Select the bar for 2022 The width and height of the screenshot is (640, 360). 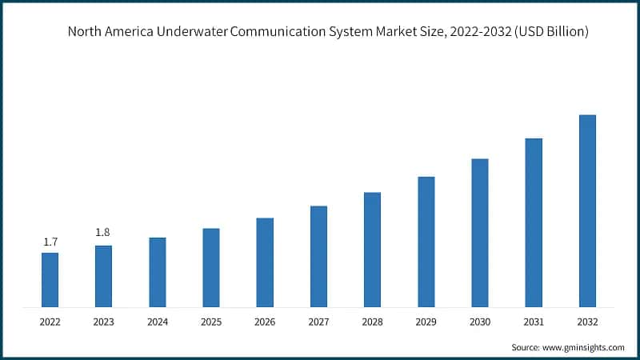coord(50,279)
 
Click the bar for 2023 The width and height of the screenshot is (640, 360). coord(103,275)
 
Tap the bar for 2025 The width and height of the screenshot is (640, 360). coord(210,267)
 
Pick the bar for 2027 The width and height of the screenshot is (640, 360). coord(318,256)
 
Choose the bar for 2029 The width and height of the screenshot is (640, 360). coord(426,241)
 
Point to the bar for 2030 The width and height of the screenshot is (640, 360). coord(480,232)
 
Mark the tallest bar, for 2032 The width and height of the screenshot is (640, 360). coord(587,210)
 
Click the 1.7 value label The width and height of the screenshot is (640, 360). coord(50,242)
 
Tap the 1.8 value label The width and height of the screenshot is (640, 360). coord(103,233)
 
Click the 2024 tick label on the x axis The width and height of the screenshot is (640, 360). coord(157,322)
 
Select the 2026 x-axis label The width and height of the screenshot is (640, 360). coord(265,322)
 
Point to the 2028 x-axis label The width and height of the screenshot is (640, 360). coord(372,322)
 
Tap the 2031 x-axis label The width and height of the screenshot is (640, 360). coord(534,322)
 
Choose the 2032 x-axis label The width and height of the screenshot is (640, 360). coord(587,322)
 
